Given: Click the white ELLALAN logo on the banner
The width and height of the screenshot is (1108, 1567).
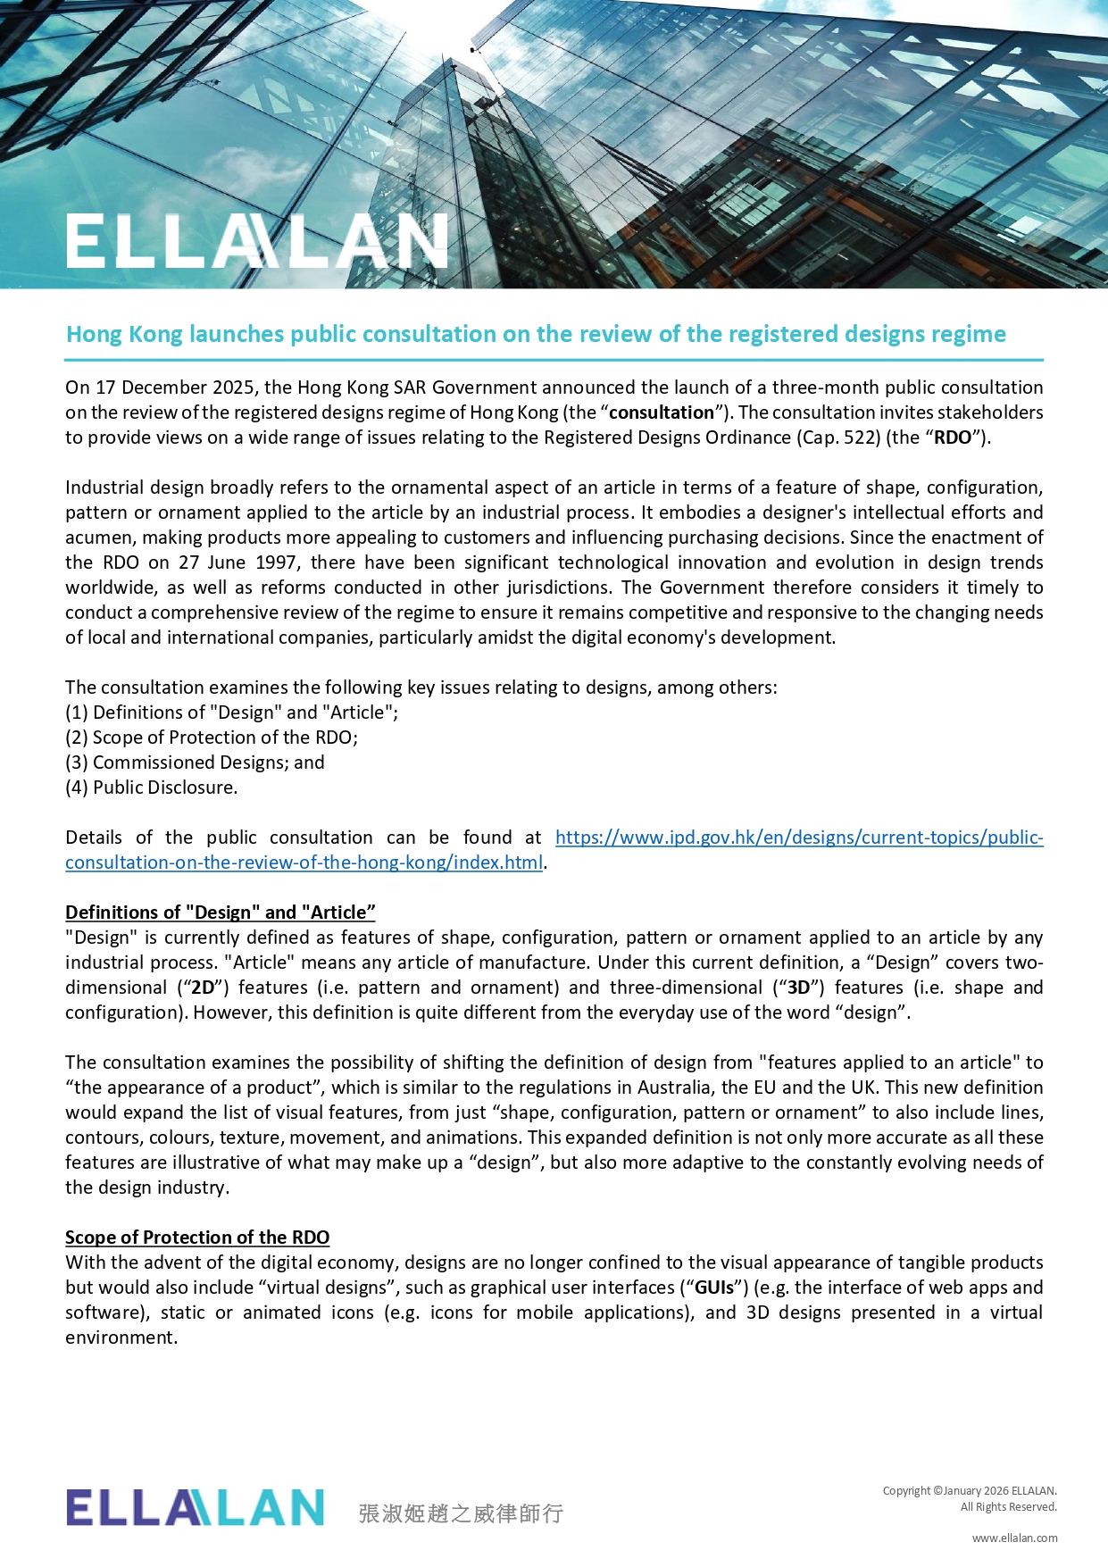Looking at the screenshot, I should coord(256,241).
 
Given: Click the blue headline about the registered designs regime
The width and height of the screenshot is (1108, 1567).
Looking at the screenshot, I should coord(536,334).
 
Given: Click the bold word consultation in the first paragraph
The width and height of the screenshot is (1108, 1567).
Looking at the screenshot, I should coord(662,413).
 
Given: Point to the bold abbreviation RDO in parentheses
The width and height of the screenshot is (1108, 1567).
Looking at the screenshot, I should coord(952,438).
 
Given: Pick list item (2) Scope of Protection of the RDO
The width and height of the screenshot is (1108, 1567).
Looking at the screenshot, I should coord(212,738).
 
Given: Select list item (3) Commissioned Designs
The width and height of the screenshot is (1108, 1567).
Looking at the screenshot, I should coord(195,763).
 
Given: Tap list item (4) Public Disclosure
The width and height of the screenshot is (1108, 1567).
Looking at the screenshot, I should coord(152,788).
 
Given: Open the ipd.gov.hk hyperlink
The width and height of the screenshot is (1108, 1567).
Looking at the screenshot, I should coord(798,838).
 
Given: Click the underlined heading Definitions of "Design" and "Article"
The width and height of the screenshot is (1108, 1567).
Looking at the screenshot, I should coord(221,913).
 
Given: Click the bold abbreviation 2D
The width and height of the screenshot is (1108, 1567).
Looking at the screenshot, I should coord(204,988).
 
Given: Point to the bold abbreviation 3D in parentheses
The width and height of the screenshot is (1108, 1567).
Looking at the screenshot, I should coord(797,988).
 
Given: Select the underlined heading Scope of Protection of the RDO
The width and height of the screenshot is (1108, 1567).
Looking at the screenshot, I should coord(197,1238).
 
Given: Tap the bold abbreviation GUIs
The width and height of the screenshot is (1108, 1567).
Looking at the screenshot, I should coord(714,1288).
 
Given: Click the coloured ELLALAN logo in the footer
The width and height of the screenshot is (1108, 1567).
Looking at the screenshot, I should coord(195,1507).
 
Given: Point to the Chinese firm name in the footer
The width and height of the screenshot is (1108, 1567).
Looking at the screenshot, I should coord(461,1513).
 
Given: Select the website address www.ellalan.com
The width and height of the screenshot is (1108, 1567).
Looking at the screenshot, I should coord(1014,1538).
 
